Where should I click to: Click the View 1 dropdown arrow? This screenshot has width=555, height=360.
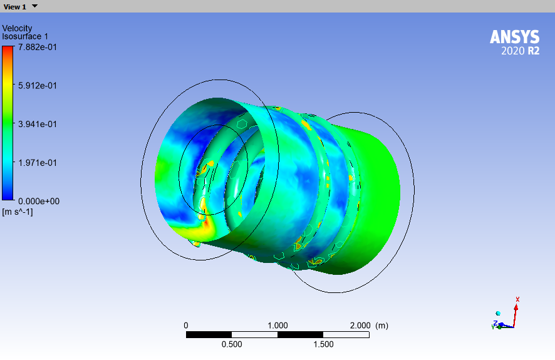point(34,6)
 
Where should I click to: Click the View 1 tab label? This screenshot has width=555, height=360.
point(14,7)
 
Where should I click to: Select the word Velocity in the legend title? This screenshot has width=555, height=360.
point(17,28)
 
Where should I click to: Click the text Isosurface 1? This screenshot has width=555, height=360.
point(25,36)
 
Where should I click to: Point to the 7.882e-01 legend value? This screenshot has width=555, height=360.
point(38,47)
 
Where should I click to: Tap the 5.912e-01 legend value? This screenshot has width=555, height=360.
point(38,86)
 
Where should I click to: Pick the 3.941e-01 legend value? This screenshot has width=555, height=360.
point(38,124)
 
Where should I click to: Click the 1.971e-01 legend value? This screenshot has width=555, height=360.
point(38,163)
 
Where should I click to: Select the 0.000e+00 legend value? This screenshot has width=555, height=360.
point(39,201)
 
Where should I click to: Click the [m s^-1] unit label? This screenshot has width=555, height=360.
point(18,212)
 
